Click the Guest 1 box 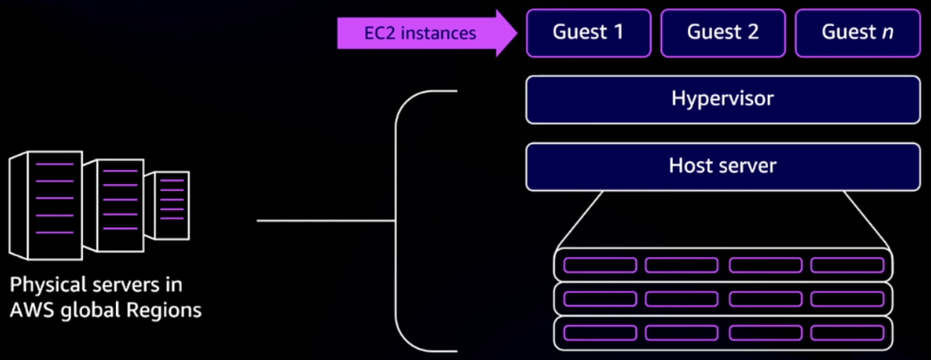[588, 33]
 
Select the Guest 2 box [723, 33]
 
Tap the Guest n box [858, 33]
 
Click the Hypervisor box [723, 99]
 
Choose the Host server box [723, 166]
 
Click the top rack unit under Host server [723, 264]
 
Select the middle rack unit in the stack [723, 298]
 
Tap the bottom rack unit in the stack [723, 332]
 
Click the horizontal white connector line [327, 221]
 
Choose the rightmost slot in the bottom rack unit [846, 332]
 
